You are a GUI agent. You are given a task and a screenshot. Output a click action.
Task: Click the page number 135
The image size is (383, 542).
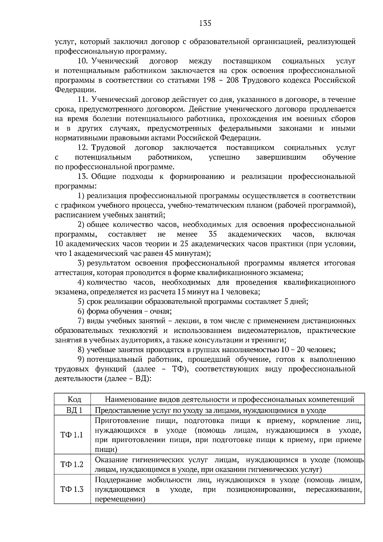click(x=205, y=23)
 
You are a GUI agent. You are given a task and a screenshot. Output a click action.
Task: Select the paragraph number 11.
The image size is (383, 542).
click(x=83, y=100)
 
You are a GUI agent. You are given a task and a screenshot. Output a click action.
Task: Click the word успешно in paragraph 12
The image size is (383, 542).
click(x=224, y=157)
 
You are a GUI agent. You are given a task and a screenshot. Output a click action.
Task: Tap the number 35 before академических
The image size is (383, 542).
click(x=213, y=234)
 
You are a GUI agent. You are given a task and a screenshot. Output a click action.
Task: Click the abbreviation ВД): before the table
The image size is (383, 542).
click(x=142, y=379)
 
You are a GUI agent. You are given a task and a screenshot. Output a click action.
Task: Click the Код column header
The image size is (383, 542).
click(x=74, y=399)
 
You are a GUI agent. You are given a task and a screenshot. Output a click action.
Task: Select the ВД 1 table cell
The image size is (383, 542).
click(x=74, y=410)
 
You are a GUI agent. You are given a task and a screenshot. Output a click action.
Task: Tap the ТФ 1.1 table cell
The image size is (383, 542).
click(x=72, y=435)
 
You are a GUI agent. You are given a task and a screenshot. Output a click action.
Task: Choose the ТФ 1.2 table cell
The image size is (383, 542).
click(x=72, y=464)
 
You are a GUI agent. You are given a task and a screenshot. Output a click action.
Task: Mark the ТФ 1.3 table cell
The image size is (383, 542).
click(x=72, y=489)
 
